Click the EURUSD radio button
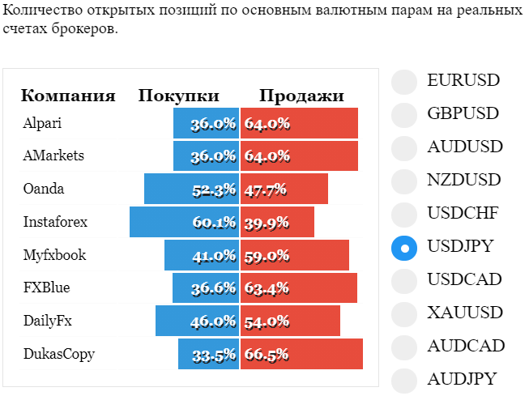(x=404, y=82)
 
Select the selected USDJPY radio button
(x=404, y=248)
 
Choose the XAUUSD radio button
(x=404, y=314)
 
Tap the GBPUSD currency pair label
(x=463, y=113)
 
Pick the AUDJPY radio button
(x=404, y=381)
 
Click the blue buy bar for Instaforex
(x=184, y=222)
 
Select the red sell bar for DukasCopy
(x=301, y=354)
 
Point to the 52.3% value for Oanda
(x=214, y=190)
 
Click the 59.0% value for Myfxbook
(x=267, y=257)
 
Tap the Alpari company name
(x=42, y=123)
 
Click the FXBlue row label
(x=46, y=287)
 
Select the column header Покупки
(x=179, y=96)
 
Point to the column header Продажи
(x=301, y=96)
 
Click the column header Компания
(x=68, y=96)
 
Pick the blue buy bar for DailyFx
(x=198, y=321)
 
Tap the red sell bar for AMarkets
(x=299, y=155)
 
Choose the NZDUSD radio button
(x=404, y=181)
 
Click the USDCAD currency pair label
(x=464, y=279)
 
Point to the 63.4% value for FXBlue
(x=267, y=289)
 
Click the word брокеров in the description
(x=85, y=28)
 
